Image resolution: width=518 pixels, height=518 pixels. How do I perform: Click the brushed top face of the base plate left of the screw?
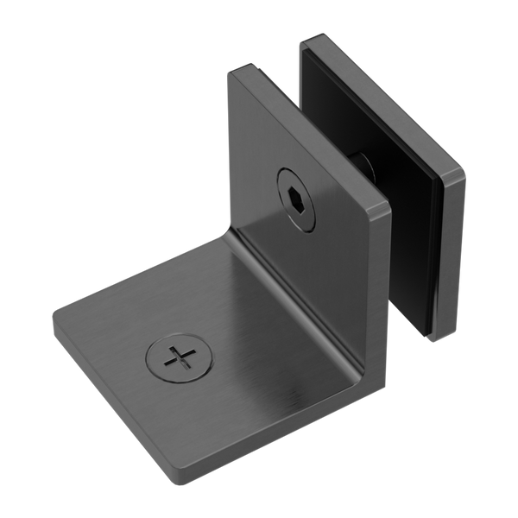(x=121, y=328)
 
